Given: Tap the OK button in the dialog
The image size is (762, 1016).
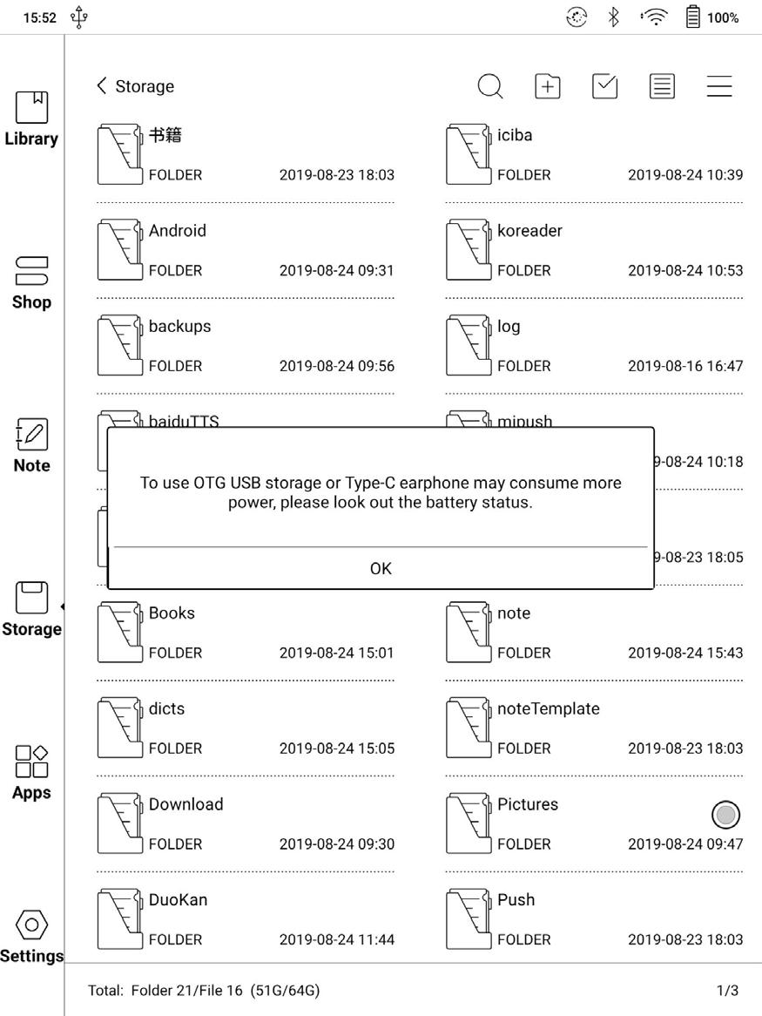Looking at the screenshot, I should pos(381,568).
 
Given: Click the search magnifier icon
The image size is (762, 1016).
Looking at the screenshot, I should pos(490,86).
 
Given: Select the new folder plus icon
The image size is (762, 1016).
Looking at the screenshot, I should pos(547,86).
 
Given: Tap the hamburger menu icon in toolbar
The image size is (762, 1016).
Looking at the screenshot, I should pos(719,86).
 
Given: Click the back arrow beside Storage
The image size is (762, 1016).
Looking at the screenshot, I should pos(102,85).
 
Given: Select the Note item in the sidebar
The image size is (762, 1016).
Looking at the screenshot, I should pos(31,445).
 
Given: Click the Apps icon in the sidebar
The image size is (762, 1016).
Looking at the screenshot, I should pos(31,772).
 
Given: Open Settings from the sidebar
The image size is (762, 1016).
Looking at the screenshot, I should pos(31,935).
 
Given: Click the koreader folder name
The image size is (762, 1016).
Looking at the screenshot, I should pos(529,231).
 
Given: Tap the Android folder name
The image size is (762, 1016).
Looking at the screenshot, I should pos(178,231).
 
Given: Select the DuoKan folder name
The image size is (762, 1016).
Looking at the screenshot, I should pos(178,900).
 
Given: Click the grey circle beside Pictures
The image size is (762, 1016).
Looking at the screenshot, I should pos(725,815).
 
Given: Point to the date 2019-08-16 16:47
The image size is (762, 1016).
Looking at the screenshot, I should pos(685,366).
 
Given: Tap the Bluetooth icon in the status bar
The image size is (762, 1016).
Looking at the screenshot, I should pos(613,17).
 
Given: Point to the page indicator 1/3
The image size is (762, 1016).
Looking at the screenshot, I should pos(727,991).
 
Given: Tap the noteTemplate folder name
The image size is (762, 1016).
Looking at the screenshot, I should pos(548,709).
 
